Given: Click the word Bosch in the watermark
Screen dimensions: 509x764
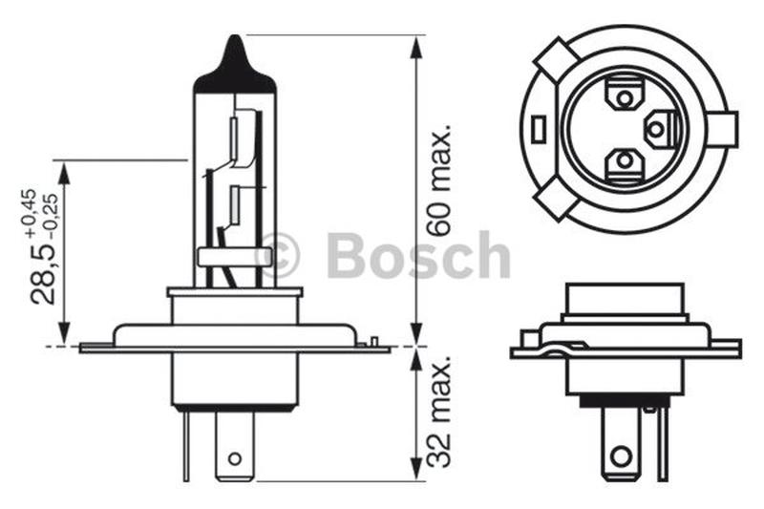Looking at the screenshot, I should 418,256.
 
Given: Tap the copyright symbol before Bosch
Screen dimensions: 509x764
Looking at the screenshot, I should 279,255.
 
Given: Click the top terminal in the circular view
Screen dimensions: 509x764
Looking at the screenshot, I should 624,97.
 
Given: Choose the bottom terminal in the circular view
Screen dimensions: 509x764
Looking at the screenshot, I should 624,161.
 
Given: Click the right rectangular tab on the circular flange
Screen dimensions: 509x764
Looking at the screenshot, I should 726,129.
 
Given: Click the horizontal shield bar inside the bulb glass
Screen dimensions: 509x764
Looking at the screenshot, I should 234,256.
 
